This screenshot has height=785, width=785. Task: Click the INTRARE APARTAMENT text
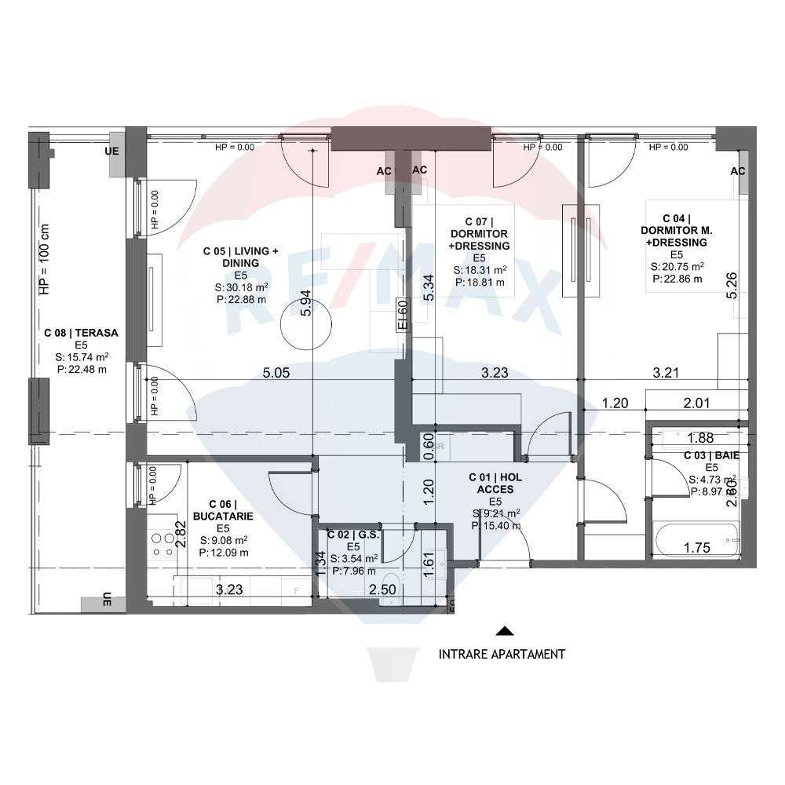point(501,653)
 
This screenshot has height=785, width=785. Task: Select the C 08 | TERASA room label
point(81,333)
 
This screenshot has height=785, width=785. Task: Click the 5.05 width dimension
point(276,373)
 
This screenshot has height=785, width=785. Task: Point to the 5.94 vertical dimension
point(306,302)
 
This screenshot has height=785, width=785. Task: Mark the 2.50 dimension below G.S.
point(382,589)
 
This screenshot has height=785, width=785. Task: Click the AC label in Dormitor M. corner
point(738,171)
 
